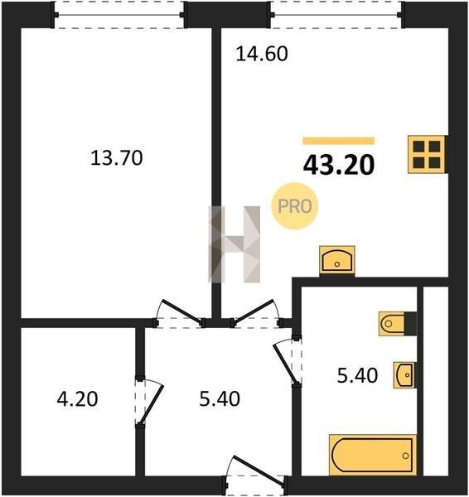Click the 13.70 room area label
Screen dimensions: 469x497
pyautogui.click(x=116, y=158)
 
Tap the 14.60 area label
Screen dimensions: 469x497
pyautogui.click(x=262, y=54)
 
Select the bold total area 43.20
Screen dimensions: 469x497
pyautogui.click(x=339, y=165)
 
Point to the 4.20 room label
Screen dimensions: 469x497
pyautogui.click(x=77, y=398)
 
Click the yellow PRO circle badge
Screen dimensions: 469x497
pyautogui.click(x=295, y=206)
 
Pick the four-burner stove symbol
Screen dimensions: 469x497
pyautogui.click(x=428, y=154)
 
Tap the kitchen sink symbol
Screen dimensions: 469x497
pyautogui.click(x=337, y=260)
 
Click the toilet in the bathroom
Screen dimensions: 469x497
pyautogui.click(x=398, y=324)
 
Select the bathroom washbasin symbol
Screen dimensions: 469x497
pyautogui.click(x=404, y=375)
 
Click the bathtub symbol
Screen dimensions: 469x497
pyautogui.click(x=373, y=455)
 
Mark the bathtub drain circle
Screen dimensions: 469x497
pyautogui.click(x=405, y=456)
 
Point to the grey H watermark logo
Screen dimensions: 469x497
pyautogui.click(x=234, y=244)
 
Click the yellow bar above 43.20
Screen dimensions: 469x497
pyautogui.click(x=339, y=141)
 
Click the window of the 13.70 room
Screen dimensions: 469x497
pyautogui.click(x=119, y=15)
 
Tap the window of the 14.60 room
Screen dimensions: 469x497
pyautogui.click(x=337, y=15)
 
